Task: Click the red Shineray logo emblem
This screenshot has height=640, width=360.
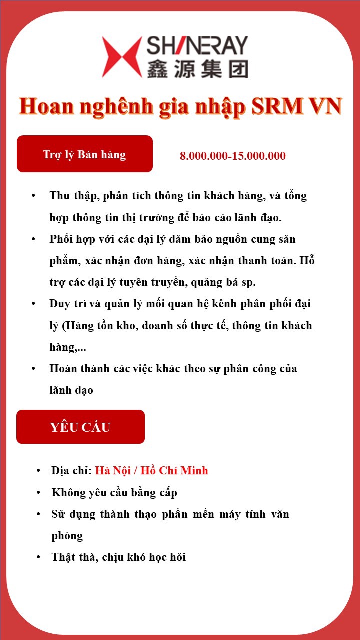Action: (x=122, y=57)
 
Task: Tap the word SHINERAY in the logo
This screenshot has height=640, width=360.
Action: (x=197, y=46)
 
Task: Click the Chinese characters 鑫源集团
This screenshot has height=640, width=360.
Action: (x=197, y=69)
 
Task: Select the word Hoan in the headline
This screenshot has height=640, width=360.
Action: (x=47, y=106)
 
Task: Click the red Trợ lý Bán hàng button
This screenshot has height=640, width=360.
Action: (x=84, y=154)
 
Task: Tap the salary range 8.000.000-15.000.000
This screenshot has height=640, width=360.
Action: (x=233, y=156)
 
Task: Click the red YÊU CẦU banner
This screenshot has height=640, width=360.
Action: (x=80, y=427)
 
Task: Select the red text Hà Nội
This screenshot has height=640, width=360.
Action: (x=114, y=471)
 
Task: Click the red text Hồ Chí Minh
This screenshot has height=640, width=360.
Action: (x=174, y=471)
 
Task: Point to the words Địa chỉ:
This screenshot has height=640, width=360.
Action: (x=71, y=471)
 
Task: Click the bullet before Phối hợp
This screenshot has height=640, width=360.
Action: (x=33, y=239)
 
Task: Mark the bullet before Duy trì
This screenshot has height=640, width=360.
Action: (x=33, y=304)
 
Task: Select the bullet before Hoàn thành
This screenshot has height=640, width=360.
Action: (x=33, y=369)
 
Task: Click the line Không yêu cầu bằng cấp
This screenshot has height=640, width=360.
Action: (x=114, y=493)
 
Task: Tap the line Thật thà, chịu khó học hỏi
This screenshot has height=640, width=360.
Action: (x=119, y=557)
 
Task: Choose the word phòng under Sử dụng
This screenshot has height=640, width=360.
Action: (x=67, y=536)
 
